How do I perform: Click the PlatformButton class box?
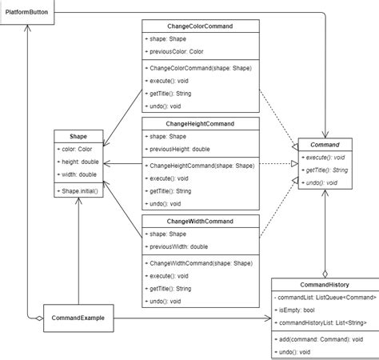tap(28, 12)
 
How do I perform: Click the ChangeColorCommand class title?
tap(201, 26)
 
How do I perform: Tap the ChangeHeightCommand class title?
tap(201, 123)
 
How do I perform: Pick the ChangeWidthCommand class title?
tap(201, 220)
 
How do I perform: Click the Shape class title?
tap(77, 136)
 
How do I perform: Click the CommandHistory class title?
tap(324, 283)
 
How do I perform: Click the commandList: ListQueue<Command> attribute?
tap(324, 297)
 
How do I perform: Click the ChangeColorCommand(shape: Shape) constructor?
tap(200, 69)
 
